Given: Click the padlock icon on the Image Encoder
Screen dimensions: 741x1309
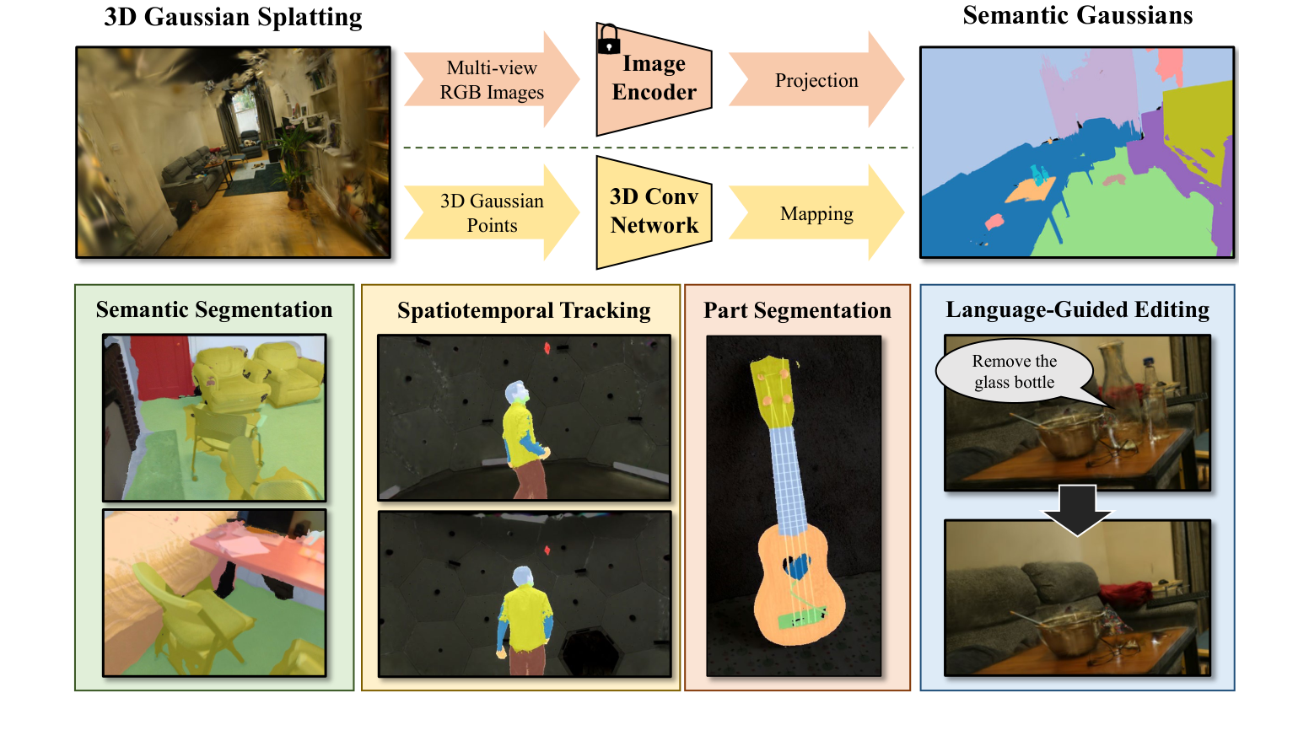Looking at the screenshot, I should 608,40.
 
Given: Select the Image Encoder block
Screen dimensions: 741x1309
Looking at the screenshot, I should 654,79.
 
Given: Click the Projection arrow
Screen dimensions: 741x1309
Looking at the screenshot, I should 816,80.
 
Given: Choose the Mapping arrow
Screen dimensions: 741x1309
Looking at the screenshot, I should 816,213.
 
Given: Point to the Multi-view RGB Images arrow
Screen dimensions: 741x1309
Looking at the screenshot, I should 491,80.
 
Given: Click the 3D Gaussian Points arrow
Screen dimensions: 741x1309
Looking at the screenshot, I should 491,213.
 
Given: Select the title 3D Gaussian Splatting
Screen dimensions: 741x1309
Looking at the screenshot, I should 233,18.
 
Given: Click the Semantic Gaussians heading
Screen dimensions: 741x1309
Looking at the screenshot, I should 1077,16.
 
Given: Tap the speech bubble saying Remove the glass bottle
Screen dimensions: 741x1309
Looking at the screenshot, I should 1014,372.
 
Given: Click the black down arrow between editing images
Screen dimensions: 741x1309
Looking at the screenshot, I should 1077,508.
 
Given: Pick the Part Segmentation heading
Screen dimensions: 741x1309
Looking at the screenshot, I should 797,310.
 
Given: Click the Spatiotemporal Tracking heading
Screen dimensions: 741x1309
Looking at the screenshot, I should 524,310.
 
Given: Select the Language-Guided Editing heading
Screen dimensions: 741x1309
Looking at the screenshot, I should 1077,309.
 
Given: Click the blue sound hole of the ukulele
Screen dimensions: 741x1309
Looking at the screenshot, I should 796,566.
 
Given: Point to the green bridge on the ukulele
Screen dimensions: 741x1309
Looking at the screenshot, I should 801,618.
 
